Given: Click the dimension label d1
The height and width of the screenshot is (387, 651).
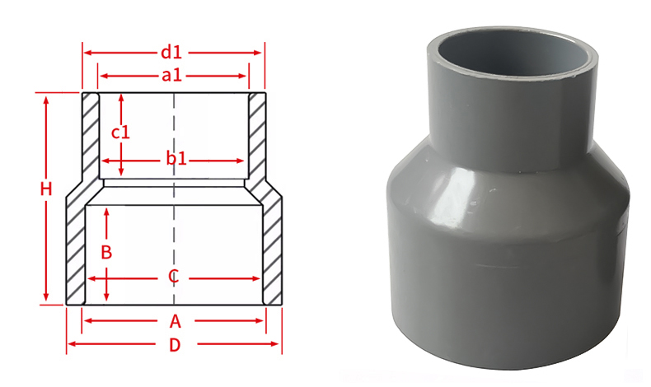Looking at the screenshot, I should pyautogui.click(x=171, y=53).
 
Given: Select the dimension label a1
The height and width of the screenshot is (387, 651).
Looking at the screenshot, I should pyautogui.click(x=171, y=76).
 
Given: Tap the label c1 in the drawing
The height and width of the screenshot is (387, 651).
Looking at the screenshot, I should pyautogui.click(x=121, y=132).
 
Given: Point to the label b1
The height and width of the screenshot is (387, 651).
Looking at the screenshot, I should pyautogui.click(x=176, y=159).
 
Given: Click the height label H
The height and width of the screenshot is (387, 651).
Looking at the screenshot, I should pyautogui.click(x=46, y=189).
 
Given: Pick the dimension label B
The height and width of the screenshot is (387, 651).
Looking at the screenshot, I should pyautogui.click(x=105, y=252).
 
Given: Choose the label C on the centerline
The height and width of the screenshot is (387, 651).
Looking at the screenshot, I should pyautogui.click(x=173, y=277).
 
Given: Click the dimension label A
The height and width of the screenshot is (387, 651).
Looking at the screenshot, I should pyautogui.click(x=175, y=320).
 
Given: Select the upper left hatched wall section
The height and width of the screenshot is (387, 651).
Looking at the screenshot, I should pyautogui.click(x=90, y=136).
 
